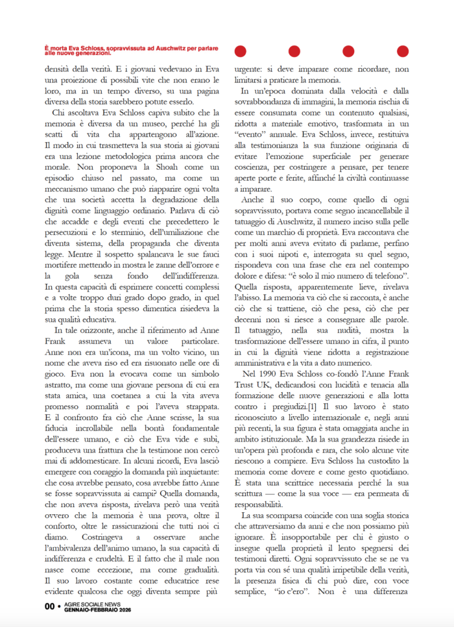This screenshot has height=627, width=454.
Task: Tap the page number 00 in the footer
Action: (49, 606)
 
